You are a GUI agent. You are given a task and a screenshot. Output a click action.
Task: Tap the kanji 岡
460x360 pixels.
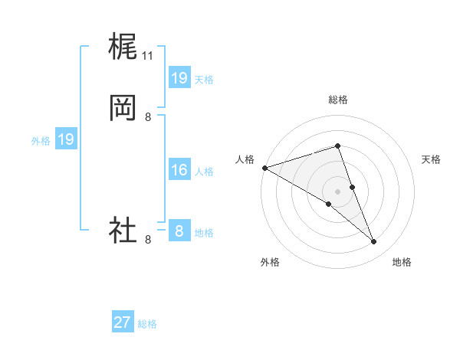coord(123,108)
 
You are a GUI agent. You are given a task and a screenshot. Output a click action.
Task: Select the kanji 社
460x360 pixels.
coord(123,230)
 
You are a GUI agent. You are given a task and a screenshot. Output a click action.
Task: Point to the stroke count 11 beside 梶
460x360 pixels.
coord(148,56)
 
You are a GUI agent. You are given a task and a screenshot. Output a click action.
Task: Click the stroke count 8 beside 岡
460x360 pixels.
coord(148,117)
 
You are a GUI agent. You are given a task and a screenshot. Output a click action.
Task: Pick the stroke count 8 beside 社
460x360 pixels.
coord(148,240)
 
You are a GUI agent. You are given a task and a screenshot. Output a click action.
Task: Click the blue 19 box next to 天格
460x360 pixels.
coord(179,78)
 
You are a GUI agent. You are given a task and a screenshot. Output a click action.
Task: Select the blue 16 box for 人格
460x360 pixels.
coord(179,170)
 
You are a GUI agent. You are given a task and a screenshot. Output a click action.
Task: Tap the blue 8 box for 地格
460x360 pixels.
coord(179,231)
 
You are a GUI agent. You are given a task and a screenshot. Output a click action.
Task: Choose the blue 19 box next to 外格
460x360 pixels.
coord(66,139)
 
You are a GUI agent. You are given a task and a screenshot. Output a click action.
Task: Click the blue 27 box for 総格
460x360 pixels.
coord(123,322)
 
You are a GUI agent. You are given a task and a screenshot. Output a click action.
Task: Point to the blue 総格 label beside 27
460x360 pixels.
coord(147,324)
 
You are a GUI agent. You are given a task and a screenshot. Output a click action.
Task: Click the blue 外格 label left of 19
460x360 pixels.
coord(41,140)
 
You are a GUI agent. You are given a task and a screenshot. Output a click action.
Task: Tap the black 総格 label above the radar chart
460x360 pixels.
coord(337,100)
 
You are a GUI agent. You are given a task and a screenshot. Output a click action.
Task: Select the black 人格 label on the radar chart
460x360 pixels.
coord(245,159)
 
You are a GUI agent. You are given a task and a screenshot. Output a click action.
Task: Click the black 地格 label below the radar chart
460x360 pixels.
coord(402,263)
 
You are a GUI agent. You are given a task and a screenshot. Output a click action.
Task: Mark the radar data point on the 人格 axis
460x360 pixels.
coord(264,168)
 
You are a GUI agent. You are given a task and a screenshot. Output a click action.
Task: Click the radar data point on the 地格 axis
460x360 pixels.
coord(374,242)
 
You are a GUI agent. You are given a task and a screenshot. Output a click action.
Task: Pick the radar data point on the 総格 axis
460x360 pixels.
coord(337,146)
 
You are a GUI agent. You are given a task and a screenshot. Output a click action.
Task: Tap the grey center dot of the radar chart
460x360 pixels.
coord(337,191)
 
